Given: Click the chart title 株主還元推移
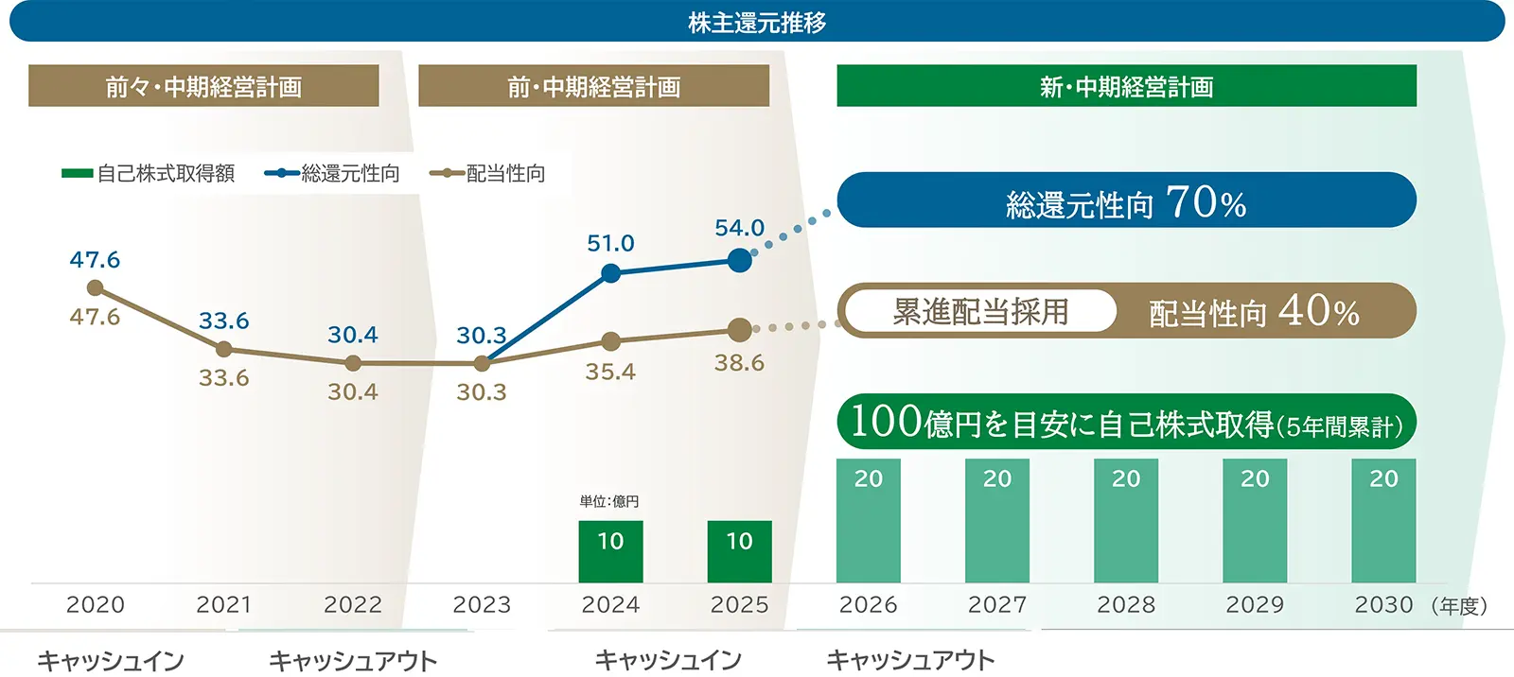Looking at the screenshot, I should [757, 22].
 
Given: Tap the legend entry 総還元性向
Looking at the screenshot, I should [333, 174].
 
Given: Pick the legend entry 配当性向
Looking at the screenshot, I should [489, 174].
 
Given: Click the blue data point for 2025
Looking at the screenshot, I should [740, 260].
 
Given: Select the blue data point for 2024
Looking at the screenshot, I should [611, 273].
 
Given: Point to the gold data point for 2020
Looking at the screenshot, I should [95, 287].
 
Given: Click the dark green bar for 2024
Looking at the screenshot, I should [610, 552].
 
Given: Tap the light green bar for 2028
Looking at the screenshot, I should [1126, 521].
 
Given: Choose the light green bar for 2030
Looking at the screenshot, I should [1383, 521].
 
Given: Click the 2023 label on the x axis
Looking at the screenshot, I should [482, 605].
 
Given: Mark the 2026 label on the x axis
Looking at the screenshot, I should [868, 605].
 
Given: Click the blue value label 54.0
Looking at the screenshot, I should [739, 228].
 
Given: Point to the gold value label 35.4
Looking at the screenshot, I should [610, 372].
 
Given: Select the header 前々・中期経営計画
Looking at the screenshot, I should [203, 86].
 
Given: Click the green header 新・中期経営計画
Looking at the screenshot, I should [1126, 86].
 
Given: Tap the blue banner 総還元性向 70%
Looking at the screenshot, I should [1126, 200].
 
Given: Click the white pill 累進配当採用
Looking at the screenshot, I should [980, 311].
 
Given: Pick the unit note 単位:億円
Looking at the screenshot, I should [609, 501].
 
